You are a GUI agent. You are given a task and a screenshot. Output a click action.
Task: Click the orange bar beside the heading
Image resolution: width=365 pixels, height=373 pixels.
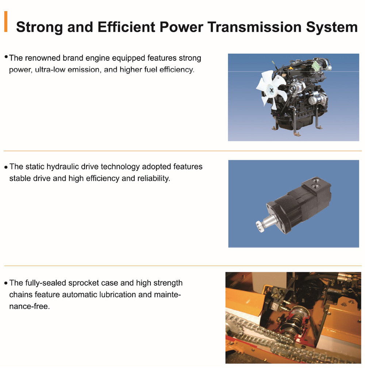6,22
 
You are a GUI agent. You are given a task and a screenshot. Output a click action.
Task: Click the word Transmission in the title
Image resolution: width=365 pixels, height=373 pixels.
255,27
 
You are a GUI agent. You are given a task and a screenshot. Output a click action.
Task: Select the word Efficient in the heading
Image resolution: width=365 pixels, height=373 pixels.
126,27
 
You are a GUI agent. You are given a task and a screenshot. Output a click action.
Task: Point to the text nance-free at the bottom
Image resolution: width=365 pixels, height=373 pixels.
30,307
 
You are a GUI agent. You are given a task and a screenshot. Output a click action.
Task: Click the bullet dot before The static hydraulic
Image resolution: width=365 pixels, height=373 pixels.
6,167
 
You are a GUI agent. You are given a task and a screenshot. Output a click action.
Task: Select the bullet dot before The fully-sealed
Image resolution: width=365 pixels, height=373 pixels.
6,283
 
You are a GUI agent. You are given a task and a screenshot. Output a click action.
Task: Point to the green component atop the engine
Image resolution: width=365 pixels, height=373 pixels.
316,64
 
